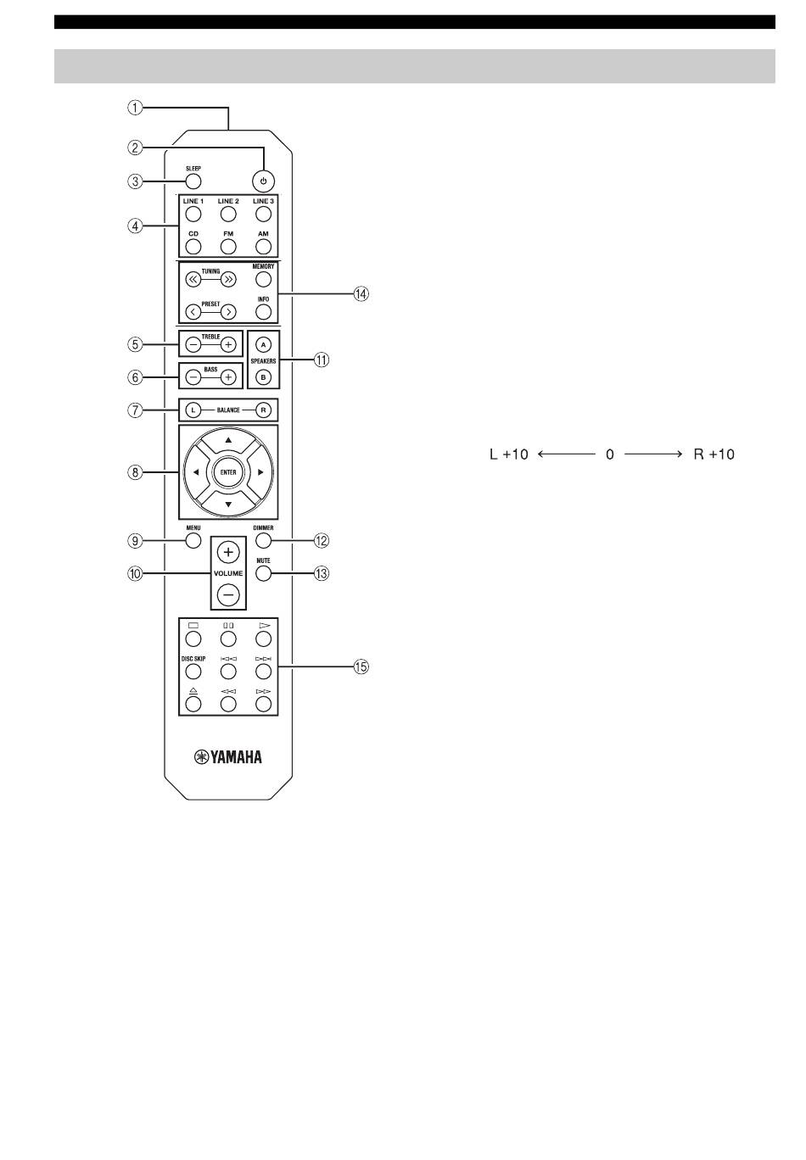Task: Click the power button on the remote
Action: [x=263, y=181]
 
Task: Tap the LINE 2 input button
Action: [x=228, y=214]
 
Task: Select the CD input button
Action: [x=193, y=247]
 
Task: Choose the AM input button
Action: [x=263, y=247]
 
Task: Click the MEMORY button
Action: [x=263, y=280]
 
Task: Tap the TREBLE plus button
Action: [x=228, y=344]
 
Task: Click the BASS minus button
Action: [x=193, y=377]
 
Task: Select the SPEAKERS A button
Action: [x=263, y=344]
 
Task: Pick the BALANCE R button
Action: [x=263, y=410]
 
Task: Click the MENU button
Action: [x=193, y=541]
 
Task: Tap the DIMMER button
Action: [x=263, y=541]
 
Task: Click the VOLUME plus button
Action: [x=228, y=552]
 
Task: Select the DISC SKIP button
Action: [x=193, y=672]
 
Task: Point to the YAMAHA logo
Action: [x=228, y=757]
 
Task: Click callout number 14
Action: [x=361, y=294]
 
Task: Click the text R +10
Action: [x=714, y=455]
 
